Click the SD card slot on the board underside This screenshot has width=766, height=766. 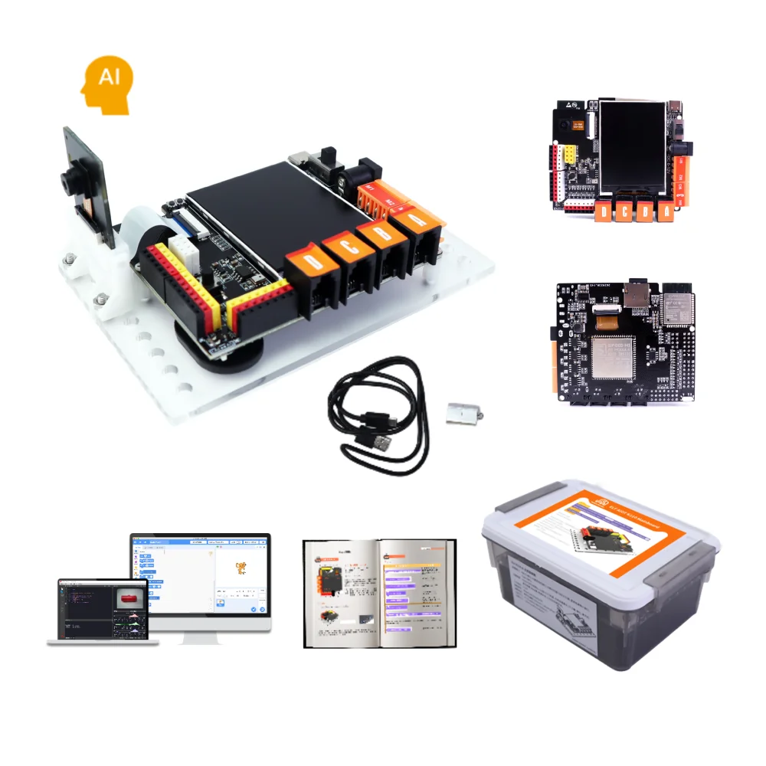click(638, 294)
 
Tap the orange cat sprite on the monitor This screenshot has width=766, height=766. click(241, 568)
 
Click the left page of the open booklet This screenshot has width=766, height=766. click(343, 590)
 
